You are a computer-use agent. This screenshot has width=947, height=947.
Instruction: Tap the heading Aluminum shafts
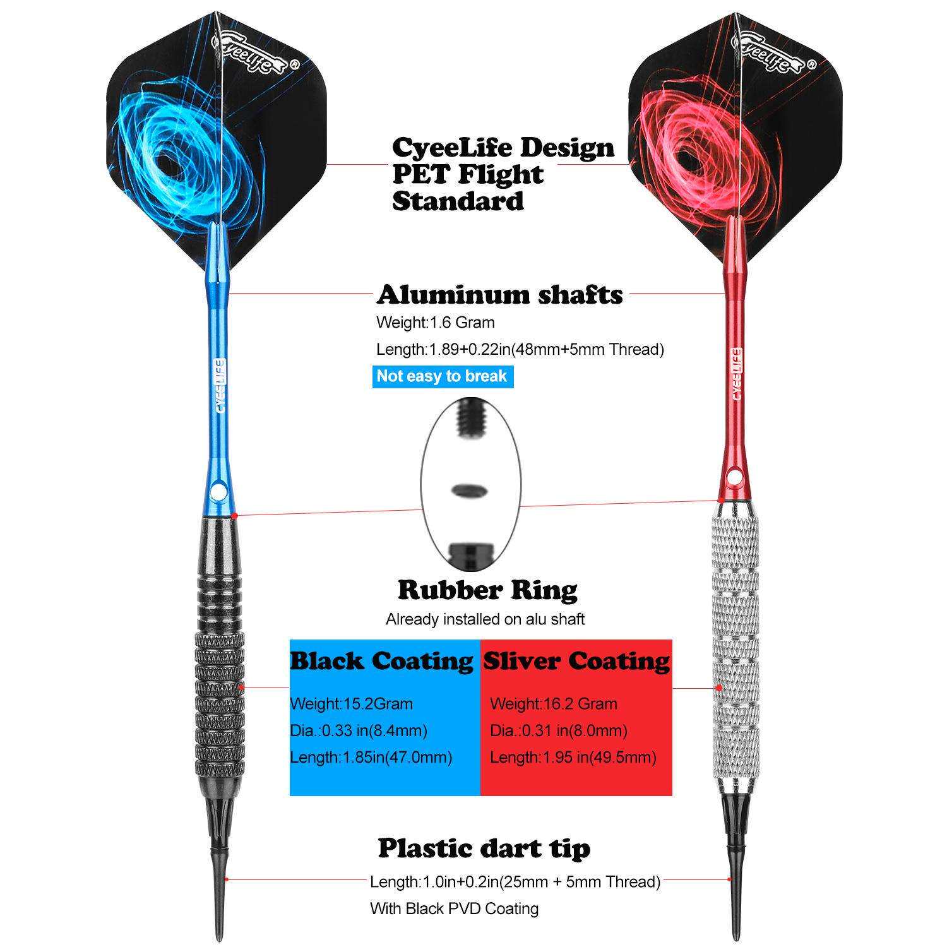499,294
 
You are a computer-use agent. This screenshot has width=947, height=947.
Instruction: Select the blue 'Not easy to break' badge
442,376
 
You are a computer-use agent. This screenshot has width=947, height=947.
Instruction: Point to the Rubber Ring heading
487,590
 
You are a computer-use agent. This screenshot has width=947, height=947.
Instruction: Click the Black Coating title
381,660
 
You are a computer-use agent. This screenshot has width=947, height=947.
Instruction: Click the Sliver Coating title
576,660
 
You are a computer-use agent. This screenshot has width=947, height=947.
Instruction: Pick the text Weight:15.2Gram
351,703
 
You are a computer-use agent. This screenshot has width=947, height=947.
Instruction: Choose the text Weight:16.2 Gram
554,703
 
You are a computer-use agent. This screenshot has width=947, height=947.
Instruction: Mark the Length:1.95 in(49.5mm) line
573,757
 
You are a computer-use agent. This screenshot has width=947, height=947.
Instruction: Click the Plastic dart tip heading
484,848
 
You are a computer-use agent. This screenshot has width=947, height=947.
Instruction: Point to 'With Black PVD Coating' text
454,908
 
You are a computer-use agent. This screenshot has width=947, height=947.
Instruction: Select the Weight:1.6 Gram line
436,322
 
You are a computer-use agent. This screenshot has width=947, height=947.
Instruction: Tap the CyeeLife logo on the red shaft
736,374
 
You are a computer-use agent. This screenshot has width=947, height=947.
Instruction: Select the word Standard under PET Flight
458,201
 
